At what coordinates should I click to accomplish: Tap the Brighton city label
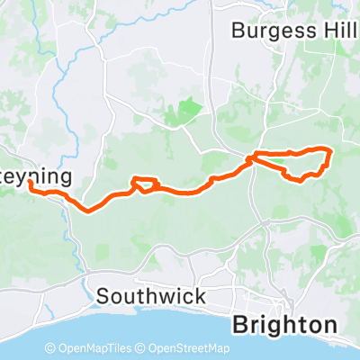[285, 324]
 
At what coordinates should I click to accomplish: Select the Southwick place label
[151, 295]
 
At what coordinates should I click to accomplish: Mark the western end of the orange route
[30, 183]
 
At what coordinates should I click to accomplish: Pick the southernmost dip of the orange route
[90, 211]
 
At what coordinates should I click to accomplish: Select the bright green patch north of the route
[188, 111]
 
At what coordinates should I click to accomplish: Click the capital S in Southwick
[102, 295]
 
